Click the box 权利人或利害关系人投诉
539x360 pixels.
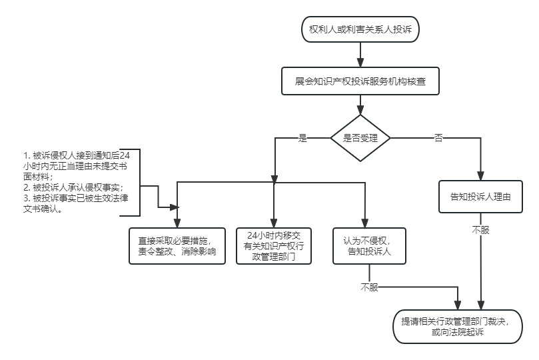click(x=360, y=29)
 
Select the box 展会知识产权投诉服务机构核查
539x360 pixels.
click(x=360, y=82)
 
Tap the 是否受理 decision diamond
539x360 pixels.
click(x=360, y=138)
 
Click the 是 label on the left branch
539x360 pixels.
click(x=302, y=138)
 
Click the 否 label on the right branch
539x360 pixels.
click(x=438, y=138)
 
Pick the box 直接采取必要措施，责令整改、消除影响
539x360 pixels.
click(x=177, y=246)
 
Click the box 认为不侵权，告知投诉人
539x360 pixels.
click(x=366, y=246)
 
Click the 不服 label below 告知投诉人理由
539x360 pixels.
click(x=480, y=229)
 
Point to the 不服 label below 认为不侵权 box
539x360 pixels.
click(x=369, y=287)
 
